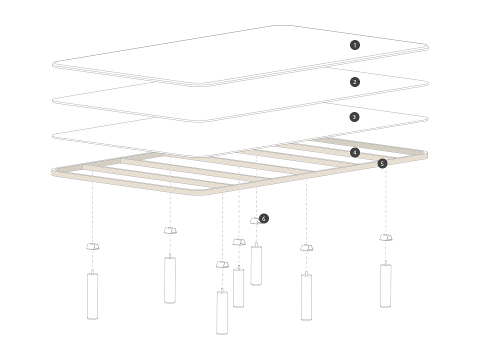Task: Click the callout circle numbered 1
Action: tap(355, 45)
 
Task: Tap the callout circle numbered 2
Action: tap(355, 82)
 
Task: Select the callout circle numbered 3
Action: tap(354, 117)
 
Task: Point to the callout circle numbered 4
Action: tap(355, 152)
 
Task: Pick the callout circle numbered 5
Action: tap(382, 164)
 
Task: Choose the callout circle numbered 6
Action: tap(263, 218)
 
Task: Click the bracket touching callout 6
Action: tap(255, 221)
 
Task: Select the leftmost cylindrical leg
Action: tap(92, 295)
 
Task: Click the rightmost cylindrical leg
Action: tap(385, 284)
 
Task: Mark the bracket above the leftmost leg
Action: tap(93, 246)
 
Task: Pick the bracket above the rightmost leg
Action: tap(386, 237)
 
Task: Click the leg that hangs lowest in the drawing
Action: tap(222, 311)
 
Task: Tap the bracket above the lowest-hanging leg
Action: tap(222, 265)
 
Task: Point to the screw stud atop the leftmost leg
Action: tap(92, 272)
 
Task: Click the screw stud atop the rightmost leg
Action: tap(386, 263)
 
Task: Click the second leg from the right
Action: tap(306, 296)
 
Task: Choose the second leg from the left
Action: tap(170, 278)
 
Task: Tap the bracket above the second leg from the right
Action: tap(306, 247)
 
